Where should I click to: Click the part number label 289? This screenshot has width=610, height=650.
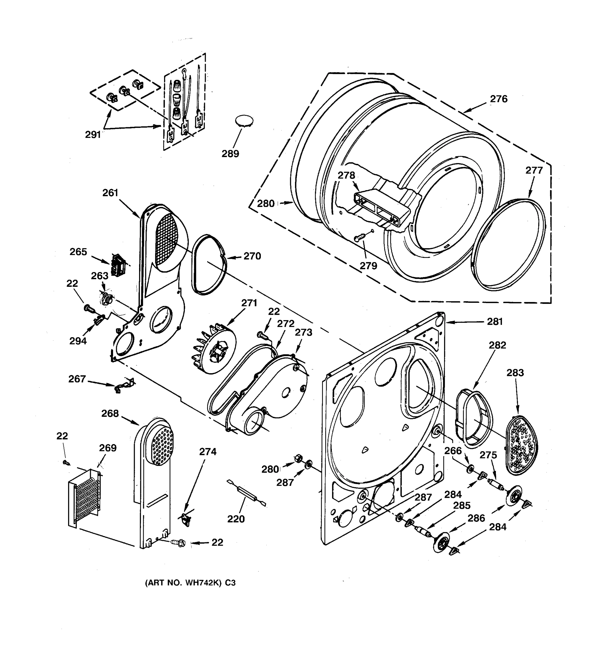tap(230, 154)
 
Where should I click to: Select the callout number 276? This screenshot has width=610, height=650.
tap(498, 99)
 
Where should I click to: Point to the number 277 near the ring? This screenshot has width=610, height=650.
tap(534, 170)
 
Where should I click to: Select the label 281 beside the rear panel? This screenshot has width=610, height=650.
tap(495, 322)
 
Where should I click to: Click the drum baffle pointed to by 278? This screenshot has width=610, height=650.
tap(381, 208)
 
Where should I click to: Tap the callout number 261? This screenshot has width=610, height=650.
tap(110, 193)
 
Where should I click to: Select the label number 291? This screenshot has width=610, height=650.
tap(93, 134)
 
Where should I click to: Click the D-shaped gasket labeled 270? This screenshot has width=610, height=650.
tap(208, 265)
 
